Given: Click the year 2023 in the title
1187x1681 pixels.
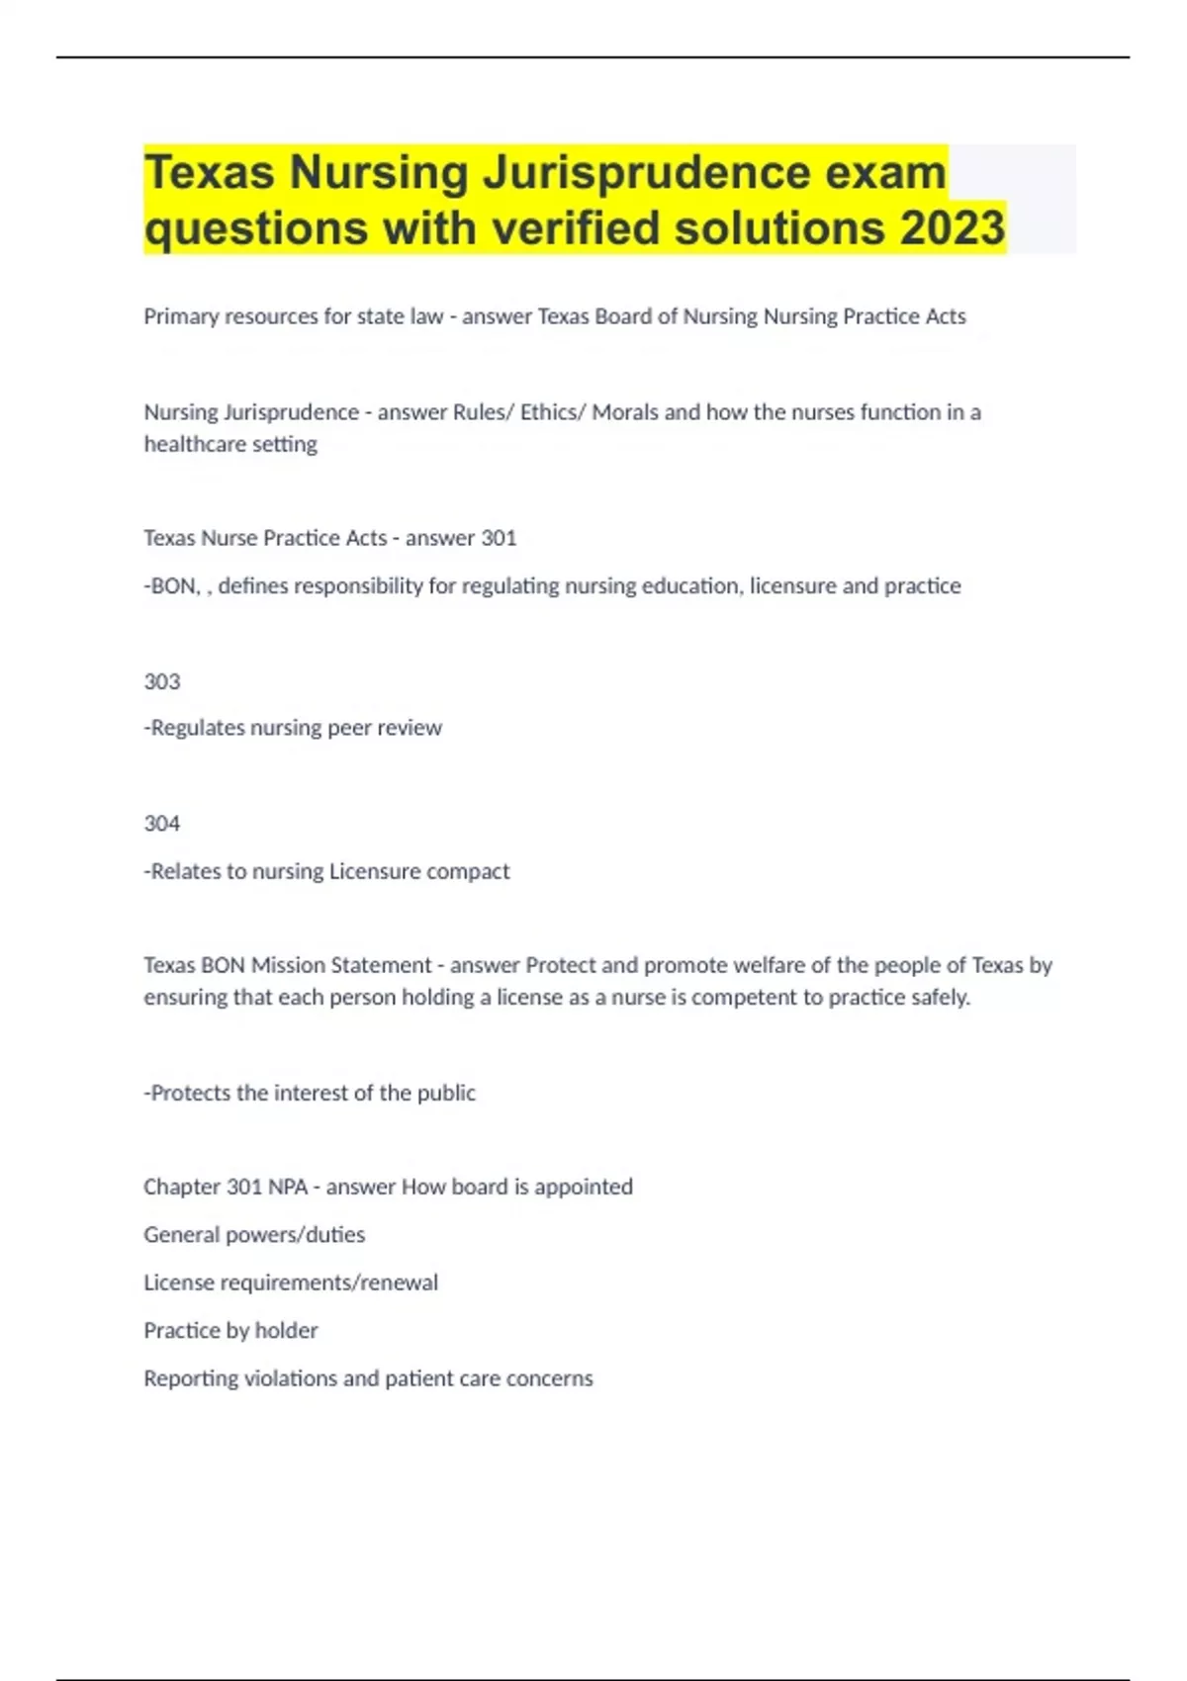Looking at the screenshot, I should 953,227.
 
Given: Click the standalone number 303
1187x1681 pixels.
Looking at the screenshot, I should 162,681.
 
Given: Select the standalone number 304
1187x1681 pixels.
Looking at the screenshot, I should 162,824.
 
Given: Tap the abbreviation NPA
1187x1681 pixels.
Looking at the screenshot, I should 288,1187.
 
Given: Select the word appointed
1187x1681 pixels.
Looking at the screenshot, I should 584,1187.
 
